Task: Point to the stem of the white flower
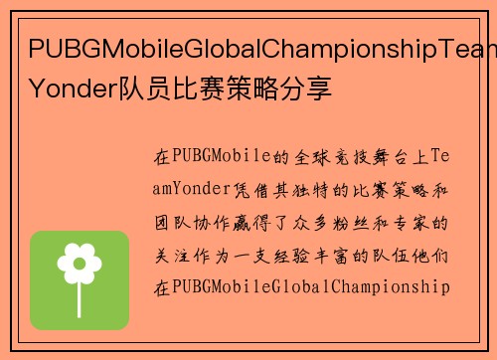80,290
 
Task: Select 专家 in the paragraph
414,223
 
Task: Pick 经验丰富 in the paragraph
319,256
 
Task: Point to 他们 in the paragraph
432,256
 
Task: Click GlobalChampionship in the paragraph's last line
359,288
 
